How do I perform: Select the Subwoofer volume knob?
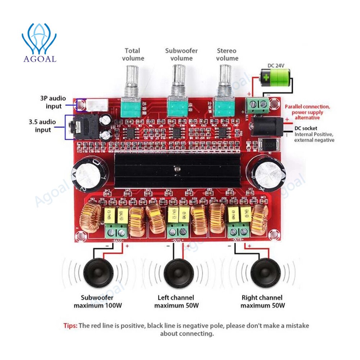click(177, 81)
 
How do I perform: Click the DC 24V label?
click(275, 65)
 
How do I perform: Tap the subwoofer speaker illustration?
click(98, 271)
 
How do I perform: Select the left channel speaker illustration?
click(179, 271)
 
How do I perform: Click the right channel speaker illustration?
click(265, 271)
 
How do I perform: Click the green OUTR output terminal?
click(240, 230)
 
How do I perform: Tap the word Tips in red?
click(70, 325)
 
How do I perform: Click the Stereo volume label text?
click(227, 54)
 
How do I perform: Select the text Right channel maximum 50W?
click(262, 302)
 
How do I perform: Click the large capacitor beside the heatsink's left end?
click(88, 174)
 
